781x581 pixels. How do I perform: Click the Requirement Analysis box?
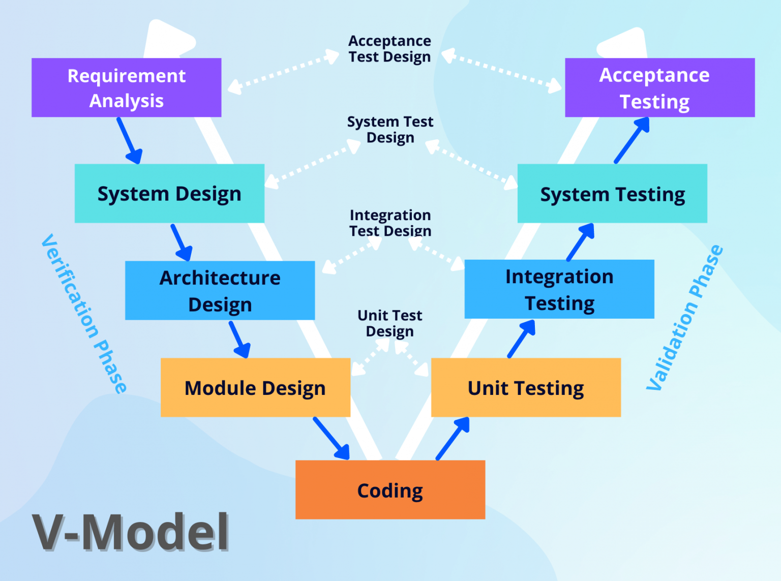click(126, 87)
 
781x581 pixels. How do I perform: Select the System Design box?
click(169, 193)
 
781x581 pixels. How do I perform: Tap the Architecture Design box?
click(220, 290)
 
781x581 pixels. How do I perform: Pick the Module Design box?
click(255, 387)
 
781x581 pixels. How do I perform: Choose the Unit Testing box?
click(526, 387)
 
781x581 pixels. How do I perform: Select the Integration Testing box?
click(559, 289)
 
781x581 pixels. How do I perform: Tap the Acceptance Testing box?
click(659, 87)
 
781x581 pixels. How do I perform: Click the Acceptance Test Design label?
click(389, 49)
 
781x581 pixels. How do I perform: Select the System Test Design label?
click(390, 130)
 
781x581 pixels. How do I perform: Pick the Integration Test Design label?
click(390, 223)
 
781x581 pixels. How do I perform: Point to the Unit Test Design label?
click(389, 323)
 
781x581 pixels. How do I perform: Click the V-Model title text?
click(131, 532)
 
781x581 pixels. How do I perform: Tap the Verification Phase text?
click(84, 313)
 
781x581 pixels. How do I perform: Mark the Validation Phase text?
click(684, 318)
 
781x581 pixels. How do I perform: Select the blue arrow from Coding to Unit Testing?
click(453, 438)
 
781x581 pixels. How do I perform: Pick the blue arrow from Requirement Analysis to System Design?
click(129, 140)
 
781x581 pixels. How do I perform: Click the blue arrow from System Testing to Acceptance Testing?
click(632, 140)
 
